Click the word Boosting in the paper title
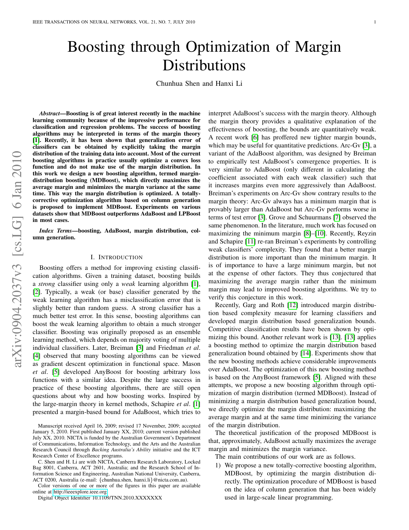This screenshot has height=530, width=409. click(x=96, y=48)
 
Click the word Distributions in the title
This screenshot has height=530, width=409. click(x=204, y=66)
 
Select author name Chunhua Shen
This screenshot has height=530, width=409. click(x=178, y=84)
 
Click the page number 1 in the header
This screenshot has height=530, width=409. click(x=375, y=22)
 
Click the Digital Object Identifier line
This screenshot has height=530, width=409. click(x=100, y=498)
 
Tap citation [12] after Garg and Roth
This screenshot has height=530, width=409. click(x=292, y=305)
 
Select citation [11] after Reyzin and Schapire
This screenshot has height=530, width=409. click(x=250, y=241)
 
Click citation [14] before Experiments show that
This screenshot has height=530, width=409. click(x=305, y=353)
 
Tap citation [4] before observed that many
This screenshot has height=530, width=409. click(x=37, y=356)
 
